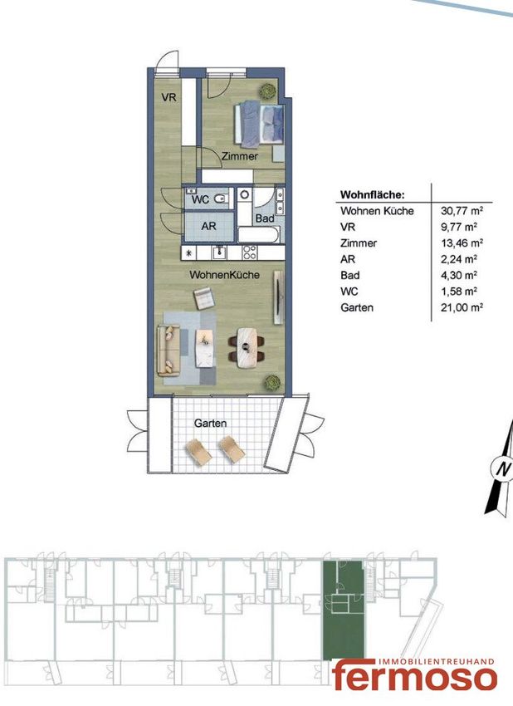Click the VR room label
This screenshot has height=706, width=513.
pos(169,97)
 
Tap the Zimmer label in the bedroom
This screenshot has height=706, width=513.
pos(240,156)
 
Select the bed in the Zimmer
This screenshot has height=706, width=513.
pos(259,125)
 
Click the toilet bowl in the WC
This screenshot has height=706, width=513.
pos(221,199)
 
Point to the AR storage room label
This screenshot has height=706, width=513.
pos(209,226)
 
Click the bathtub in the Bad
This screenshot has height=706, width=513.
pos(259,234)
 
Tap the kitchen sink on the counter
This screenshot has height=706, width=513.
pos(220,252)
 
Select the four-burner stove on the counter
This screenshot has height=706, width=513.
pos(250,252)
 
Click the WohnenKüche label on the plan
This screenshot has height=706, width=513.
pos(225,275)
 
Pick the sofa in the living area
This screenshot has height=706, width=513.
pos(169,350)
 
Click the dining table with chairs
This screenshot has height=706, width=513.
pos(247,346)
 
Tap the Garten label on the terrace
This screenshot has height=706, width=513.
pos(210,424)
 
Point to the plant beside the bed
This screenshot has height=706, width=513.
pos(267,91)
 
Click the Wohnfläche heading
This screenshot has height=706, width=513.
pos(373,195)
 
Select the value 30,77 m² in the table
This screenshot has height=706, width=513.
pos(462,210)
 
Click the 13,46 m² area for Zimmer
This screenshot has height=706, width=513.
pos(462,243)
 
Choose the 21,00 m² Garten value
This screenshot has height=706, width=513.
pos(462,307)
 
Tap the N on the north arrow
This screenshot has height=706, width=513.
pos(503,469)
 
